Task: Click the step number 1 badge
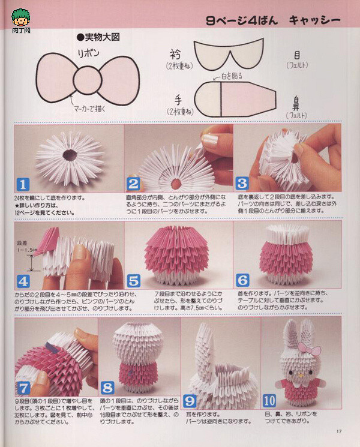tap(22, 184)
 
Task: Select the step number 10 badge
tap(269, 398)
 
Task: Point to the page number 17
tap(338, 430)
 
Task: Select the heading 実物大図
tap(99, 37)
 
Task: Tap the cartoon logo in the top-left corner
tap(20, 16)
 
